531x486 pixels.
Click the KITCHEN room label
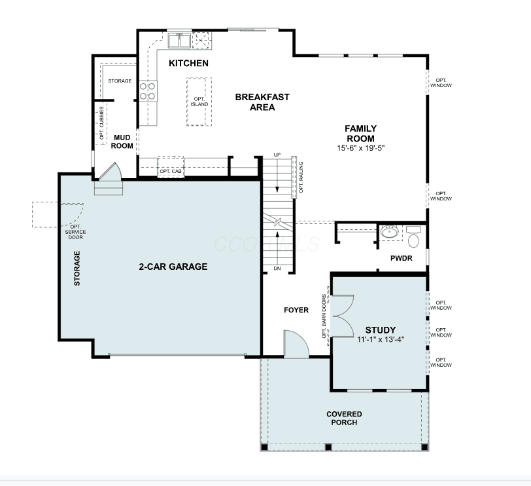coord(188,63)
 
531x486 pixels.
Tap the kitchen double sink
coord(179,41)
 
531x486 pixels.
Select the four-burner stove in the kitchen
coord(148,91)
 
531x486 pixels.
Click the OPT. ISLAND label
coord(199,102)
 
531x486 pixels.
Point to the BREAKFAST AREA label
coord(262,102)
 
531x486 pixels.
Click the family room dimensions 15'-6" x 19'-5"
coord(361,148)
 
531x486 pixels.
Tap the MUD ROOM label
coord(122,141)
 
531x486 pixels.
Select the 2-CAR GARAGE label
coord(173,267)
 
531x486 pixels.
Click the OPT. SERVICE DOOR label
coord(75,232)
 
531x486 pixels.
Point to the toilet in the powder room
coord(413,236)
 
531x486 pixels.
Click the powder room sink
coord(390,232)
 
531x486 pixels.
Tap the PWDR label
coord(402,259)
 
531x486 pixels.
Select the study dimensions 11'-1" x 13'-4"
coord(381,339)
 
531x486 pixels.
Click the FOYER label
coord(296,310)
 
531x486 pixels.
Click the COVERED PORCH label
coord(344,418)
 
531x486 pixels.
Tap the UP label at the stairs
coord(277,155)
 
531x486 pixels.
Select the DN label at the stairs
coord(277,269)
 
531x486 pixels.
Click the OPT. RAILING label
coord(301,177)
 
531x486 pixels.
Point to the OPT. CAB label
coord(171,171)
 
